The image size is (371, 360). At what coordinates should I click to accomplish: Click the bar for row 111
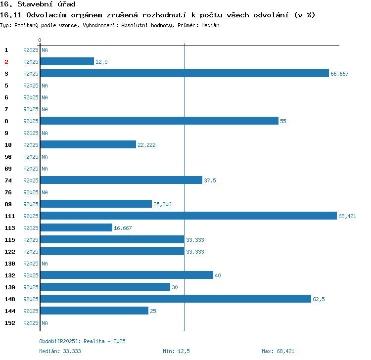point(188,216)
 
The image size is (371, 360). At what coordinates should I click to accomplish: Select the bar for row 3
point(185,73)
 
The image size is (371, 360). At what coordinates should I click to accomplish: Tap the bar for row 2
point(67,61)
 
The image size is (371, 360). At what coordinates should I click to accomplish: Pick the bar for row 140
point(176,299)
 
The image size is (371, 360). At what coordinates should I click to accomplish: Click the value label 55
point(283,121)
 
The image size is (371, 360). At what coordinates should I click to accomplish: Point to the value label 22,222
point(146,145)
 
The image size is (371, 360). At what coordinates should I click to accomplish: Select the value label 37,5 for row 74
point(210,180)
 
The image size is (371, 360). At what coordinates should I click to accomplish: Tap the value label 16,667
point(123,228)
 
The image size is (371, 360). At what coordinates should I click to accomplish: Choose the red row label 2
point(6,62)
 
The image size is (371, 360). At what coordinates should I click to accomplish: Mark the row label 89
point(8,204)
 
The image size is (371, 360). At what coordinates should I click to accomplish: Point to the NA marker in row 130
point(45,264)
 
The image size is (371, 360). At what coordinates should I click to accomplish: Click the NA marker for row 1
point(45,50)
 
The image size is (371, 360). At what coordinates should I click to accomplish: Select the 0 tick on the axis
point(40,40)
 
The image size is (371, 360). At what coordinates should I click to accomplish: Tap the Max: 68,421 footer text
point(278,351)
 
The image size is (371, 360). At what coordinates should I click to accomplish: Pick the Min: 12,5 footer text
point(176,351)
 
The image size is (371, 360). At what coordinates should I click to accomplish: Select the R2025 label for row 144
point(31,311)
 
